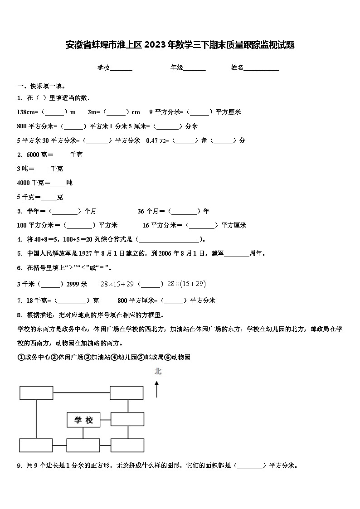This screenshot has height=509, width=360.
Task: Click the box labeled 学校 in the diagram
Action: click(x=83, y=420)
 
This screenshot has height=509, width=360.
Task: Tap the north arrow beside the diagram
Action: click(x=157, y=389)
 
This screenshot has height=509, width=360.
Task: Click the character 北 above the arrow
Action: click(x=158, y=372)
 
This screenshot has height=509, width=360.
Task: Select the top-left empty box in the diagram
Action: click(x=36, y=393)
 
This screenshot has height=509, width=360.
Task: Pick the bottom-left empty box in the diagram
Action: click(x=36, y=445)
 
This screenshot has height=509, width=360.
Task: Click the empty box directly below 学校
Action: click(x=83, y=445)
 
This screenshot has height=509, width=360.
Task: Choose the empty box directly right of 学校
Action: click(x=127, y=419)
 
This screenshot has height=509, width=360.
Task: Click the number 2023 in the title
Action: click(x=157, y=45)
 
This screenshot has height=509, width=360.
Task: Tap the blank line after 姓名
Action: click(x=262, y=68)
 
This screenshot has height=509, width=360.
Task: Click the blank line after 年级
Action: click(x=195, y=68)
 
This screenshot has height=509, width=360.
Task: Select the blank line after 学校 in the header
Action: click(x=121, y=68)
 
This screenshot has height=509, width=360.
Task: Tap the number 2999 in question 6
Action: click(x=73, y=284)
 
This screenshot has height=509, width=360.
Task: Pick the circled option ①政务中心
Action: click(x=34, y=357)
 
